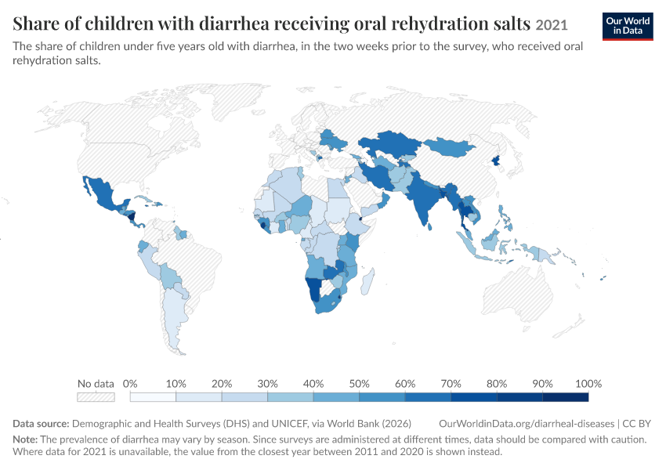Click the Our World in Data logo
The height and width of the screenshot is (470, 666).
(x=628, y=27)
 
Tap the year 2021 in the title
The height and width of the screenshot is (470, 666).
(x=552, y=25)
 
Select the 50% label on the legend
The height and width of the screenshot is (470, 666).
(x=359, y=384)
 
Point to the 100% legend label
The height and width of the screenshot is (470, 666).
(x=588, y=384)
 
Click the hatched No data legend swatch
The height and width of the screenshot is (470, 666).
(x=96, y=397)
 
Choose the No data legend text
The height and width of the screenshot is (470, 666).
(x=96, y=384)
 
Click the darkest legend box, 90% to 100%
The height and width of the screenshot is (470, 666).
(x=566, y=397)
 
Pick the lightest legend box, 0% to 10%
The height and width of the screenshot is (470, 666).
(x=153, y=397)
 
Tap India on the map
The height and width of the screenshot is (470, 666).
(x=422, y=200)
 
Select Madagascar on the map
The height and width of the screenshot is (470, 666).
(x=367, y=281)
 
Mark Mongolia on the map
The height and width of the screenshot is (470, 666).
(x=450, y=147)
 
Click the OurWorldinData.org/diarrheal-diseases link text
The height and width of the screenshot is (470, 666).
(x=527, y=424)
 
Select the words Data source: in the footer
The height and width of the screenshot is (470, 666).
(x=41, y=424)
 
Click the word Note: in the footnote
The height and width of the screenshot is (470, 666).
(x=25, y=439)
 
